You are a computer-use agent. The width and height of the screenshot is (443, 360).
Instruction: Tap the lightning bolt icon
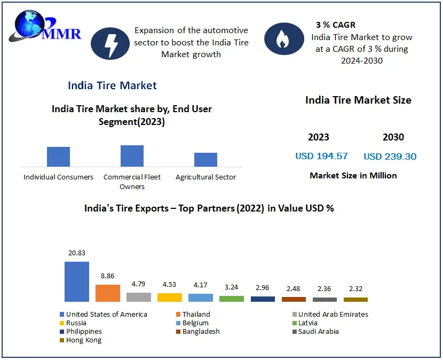(x=111, y=43)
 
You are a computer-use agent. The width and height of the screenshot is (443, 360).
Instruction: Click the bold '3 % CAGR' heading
(x=335, y=25)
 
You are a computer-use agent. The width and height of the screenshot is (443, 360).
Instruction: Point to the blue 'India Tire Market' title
(x=112, y=85)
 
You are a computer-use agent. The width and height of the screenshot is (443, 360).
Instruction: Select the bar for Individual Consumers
(x=58, y=156)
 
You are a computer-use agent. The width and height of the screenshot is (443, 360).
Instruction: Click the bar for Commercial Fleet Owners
(x=132, y=156)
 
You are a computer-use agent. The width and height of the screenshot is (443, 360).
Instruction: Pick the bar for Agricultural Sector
(x=205, y=160)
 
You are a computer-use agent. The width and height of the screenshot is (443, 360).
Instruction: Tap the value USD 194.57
(x=321, y=156)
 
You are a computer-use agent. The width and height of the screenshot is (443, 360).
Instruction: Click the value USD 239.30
(x=390, y=156)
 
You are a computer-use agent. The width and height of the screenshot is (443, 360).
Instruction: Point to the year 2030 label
(x=393, y=137)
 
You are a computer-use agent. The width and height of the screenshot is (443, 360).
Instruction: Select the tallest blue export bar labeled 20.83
(x=76, y=281)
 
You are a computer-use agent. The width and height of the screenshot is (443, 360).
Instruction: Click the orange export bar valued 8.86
(x=108, y=293)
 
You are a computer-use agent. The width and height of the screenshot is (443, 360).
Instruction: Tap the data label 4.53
(x=169, y=285)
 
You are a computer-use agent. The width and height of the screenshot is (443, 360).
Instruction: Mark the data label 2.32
(x=355, y=289)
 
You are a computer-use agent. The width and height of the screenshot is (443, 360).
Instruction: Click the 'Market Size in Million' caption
(x=353, y=175)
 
